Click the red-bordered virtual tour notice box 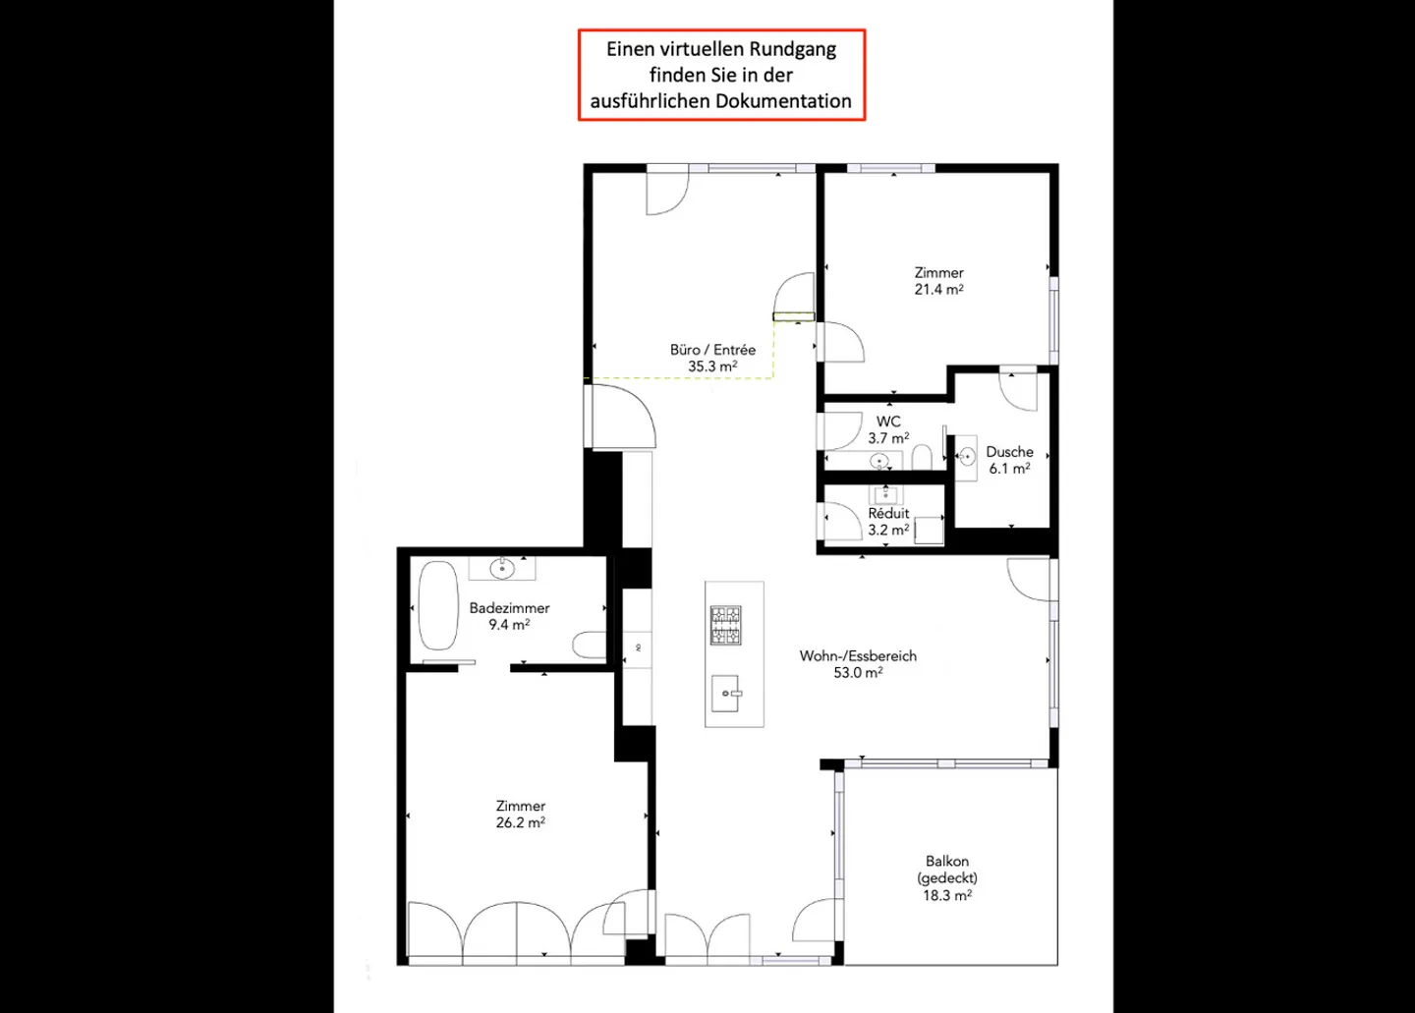[721, 75]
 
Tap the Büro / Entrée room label [712, 349]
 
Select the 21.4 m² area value [938, 289]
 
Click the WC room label [888, 422]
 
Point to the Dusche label [1009, 452]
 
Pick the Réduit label [888, 513]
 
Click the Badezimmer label [509, 608]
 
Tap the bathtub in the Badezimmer [438, 605]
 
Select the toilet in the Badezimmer [590, 645]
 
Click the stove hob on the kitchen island [725, 625]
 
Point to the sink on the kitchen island [725, 693]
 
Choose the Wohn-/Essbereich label [858, 656]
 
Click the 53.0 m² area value [858, 673]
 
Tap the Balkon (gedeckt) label [947, 869]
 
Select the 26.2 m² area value [521, 822]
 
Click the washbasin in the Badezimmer [502, 568]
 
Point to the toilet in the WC [923, 457]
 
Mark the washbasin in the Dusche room [966, 456]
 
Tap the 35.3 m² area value [712, 366]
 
